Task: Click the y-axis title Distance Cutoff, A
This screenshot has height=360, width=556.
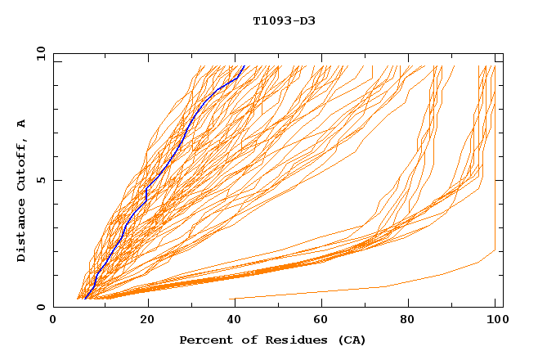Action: (x=21, y=191)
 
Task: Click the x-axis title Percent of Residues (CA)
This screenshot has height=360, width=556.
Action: (x=272, y=340)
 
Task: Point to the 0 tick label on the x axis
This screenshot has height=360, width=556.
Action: (x=54, y=320)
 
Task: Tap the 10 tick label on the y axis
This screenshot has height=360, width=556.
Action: (x=40, y=53)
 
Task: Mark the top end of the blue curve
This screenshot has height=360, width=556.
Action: (x=244, y=66)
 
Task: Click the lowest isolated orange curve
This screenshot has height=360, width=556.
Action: (x=384, y=286)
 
